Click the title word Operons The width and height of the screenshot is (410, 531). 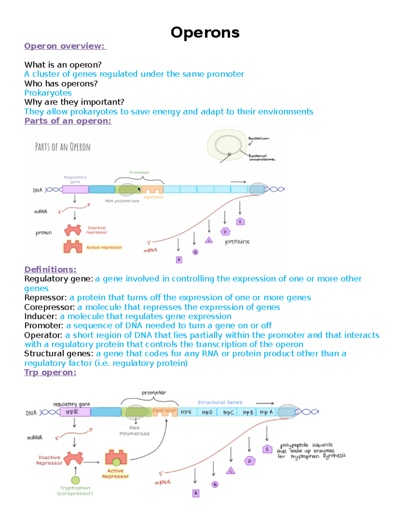click(x=205, y=33)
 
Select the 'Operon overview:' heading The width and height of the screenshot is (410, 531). click(x=65, y=46)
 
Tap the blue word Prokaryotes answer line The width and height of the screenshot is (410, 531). click(x=48, y=93)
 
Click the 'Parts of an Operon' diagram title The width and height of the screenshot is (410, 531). click(x=63, y=147)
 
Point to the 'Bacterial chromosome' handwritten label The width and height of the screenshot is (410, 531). click(x=261, y=157)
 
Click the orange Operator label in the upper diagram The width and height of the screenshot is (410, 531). click(x=153, y=197)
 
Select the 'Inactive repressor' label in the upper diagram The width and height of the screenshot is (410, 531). click(x=96, y=230)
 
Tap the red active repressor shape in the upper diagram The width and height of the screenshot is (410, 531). click(x=73, y=247)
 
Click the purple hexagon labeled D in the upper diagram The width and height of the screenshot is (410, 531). click(x=225, y=232)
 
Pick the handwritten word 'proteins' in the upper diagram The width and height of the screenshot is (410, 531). click(x=237, y=242)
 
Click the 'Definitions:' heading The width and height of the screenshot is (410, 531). click(x=50, y=269)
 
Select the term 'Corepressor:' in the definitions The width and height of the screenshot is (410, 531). click(x=50, y=307)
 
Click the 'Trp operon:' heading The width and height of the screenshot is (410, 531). click(x=50, y=372)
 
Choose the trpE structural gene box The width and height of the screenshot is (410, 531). click(x=186, y=412)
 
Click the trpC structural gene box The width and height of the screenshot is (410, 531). click(x=228, y=412)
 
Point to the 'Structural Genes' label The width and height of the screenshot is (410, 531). click(x=220, y=402)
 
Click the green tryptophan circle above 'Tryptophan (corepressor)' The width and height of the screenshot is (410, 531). click(x=76, y=480)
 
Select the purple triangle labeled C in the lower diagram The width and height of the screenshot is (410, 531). click(x=231, y=471)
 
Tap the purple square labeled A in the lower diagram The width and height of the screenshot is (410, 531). click(x=196, y=493)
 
